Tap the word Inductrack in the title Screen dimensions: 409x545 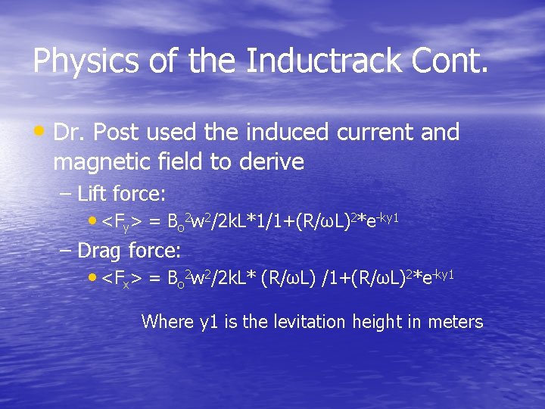pyautogui.click(x=319, y=61)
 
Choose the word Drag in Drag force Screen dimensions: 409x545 pyautogui.click(x=101, y=249)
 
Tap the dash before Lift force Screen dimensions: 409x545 pyautogui.click(x=66, y=194)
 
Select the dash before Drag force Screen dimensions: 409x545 pyautogui.click(x=66, y=249)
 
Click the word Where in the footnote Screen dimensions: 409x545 pyautogui.click(x=168, y=322)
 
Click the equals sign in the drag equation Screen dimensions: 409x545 pyautogui.click(x=154, y=277)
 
